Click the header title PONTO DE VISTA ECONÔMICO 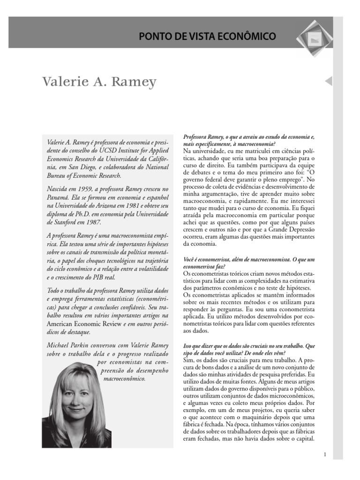pos(207,36)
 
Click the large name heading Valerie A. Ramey pos(99,82)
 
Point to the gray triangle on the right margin pos(328,81)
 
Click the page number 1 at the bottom pos(325,454)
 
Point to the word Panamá pos(59,196)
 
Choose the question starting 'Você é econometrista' pos(248,262)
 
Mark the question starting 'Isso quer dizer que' pos(248,349)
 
